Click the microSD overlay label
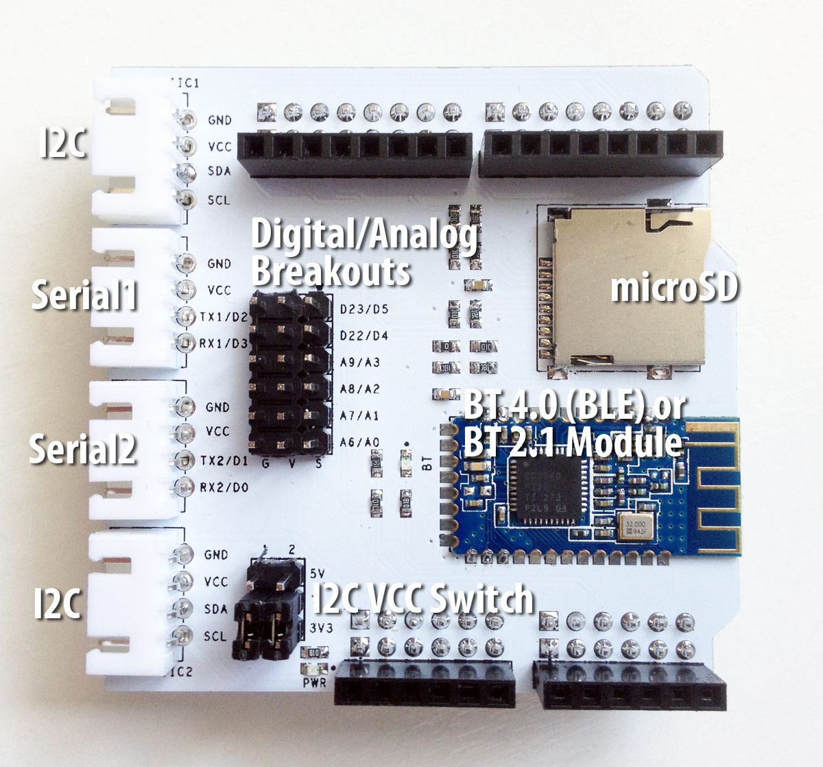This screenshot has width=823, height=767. pyautogui.click(x=673, y=287)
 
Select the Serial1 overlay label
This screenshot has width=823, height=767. pyautogui.click(x=84, y=295)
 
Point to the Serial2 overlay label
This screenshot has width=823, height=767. pyautogui.click(x=82, y=450)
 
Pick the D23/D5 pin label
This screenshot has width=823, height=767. pyautogui.click(x=363, y=309)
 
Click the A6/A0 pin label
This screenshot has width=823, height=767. pyautogui.click(x=359, y=443)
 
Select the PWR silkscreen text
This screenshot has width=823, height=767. pyautogui.click(x=313, y=682)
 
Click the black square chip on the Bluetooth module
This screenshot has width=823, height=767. pyautogui.click(x=549, y=491)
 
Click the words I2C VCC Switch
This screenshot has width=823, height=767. pyautogui.click(x=422, y=600)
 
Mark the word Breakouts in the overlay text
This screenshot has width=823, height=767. pyautogui.click(x=331, y=271)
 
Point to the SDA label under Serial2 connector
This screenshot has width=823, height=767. pyautogui.click(x=216, y=609)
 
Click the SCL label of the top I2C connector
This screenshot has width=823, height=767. pyautogui.click(x=219, y=200)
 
